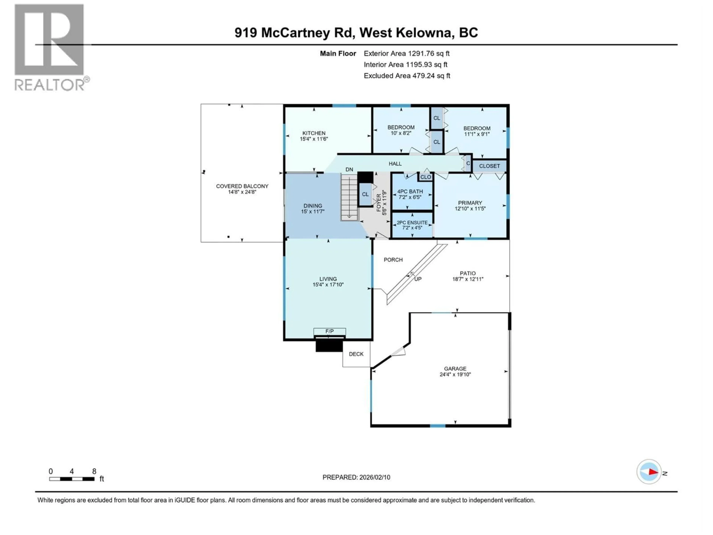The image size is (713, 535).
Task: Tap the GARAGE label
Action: [455, 369]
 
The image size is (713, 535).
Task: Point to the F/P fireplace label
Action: [329, 331]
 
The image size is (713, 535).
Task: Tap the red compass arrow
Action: [653, 472]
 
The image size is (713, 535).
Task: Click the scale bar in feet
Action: [71, 479]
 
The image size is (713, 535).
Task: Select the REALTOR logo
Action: [50, 47]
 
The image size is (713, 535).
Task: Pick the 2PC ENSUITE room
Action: [412, 225]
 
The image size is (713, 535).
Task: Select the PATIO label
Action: [468, 273]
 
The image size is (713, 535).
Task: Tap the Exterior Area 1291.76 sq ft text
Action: [406, 53]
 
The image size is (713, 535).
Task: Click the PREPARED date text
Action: [356, 477]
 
